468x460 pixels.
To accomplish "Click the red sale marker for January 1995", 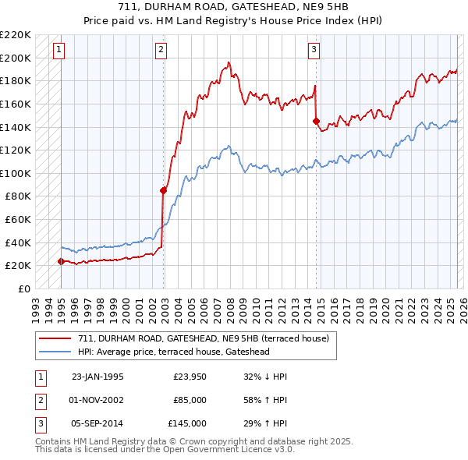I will coord(61,261).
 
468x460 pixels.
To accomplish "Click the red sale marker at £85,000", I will coord(164,190).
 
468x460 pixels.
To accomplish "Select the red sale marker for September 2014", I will coord(316,121).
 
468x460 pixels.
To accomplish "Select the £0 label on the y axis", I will coord(23,288).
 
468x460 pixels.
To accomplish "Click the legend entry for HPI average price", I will coord(184,352).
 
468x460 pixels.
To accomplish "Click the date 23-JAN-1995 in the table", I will coord(97,377).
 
